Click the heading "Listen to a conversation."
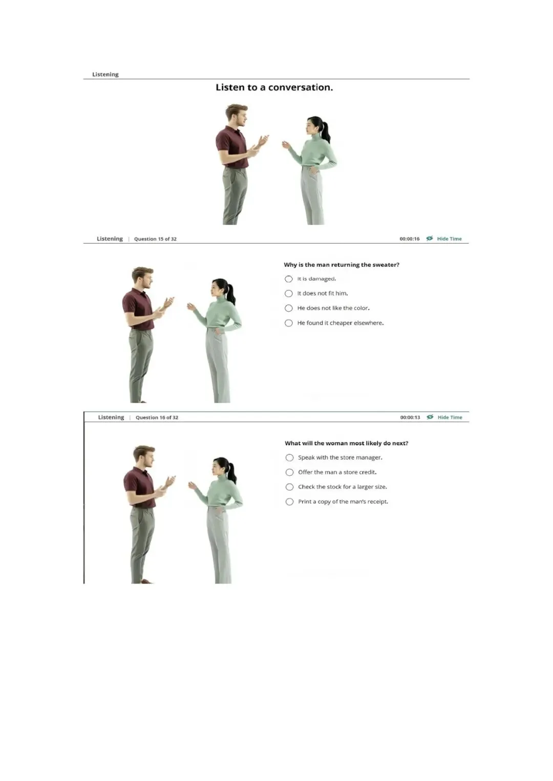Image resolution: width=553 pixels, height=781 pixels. (274, 87)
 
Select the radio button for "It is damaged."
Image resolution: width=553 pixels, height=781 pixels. (289, 279)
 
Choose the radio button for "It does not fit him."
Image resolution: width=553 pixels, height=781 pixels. (289, 294)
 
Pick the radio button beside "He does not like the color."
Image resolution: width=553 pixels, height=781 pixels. (289, 308)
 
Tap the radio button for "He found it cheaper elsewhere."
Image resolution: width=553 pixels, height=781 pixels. (289, 323)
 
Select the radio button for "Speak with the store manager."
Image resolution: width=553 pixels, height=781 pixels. (290, 458)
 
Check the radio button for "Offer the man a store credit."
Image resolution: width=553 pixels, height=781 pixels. (290, 472)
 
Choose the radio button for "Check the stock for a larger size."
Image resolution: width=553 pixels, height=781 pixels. (290, 487)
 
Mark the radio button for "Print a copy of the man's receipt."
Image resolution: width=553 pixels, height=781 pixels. (290, 502)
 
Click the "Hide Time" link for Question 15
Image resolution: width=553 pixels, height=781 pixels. (444, 238)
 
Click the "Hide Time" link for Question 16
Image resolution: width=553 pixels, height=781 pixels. (444, 417)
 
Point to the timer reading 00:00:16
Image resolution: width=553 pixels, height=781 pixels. (410, 239)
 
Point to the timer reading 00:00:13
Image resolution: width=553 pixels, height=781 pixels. (410, 417)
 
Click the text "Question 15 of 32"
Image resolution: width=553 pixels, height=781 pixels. (155, 239)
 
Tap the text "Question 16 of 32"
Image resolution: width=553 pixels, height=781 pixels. (157, 417)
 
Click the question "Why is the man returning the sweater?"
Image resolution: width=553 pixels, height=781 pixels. (342, 265)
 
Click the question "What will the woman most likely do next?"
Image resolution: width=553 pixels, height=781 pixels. (347, 443)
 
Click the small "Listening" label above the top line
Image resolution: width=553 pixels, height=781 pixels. (105, 74)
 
